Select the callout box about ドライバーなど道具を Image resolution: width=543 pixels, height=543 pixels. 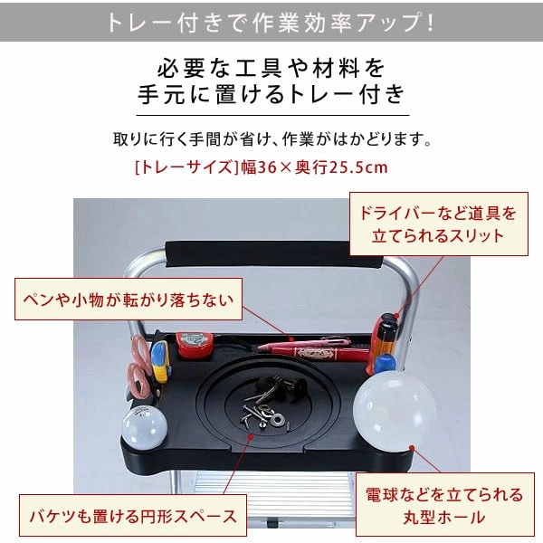pos(438,225)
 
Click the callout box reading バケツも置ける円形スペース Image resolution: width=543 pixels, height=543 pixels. pos(131,517)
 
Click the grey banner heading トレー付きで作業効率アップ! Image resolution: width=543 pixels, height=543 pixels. pos(271,21)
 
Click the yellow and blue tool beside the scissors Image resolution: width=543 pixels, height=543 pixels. pos(160,357)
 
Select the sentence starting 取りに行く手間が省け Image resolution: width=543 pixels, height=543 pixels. pos(271,141)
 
